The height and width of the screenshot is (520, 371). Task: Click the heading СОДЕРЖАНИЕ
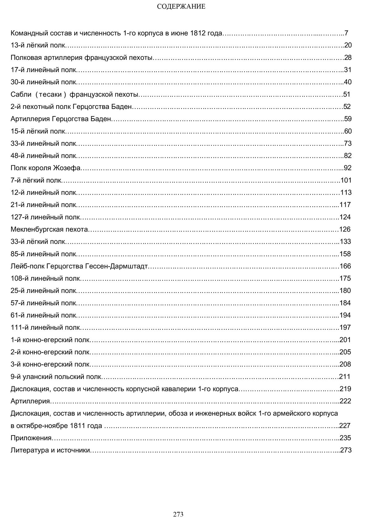181,6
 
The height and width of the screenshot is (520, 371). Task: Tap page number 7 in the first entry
346,33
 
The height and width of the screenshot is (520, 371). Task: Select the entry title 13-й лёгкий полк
38,45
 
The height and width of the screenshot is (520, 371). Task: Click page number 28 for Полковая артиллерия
348,58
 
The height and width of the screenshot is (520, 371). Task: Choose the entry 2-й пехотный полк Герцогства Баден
71,107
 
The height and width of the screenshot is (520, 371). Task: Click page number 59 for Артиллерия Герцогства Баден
348,119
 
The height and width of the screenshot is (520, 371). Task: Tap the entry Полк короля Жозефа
45,168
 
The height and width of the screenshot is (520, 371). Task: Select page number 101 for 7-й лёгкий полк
346,180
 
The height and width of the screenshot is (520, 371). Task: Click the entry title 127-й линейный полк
45,217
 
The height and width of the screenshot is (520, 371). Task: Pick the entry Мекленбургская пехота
49,229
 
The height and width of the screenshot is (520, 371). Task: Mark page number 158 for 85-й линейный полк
345,254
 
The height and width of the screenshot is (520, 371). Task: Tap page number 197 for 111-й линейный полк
345,327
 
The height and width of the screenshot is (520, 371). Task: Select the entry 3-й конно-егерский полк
50,364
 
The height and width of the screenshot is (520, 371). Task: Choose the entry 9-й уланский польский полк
56,377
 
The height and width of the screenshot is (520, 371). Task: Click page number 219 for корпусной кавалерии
345,389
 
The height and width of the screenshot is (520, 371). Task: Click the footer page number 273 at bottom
178,514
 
